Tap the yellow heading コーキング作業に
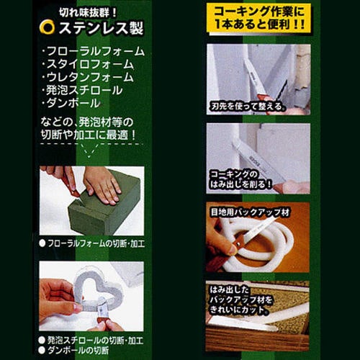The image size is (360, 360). [x=258, y=12]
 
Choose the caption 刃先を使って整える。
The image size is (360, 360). [x=249, y=110]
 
